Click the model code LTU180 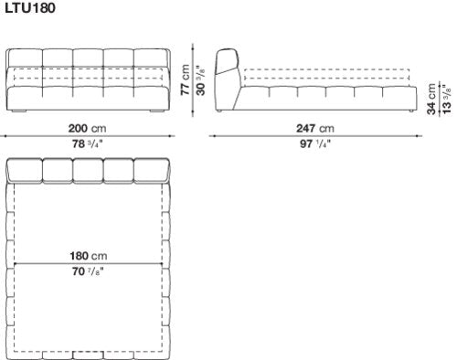coord(30,7)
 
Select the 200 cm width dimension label coord(87,128)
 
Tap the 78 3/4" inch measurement coord(87,143)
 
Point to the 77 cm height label coord(185,79)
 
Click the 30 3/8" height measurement coord(200,80)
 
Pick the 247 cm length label coord(315,128)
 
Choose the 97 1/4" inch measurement coord(315,143)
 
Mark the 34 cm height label coord(431,99)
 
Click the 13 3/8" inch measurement coord(447,99)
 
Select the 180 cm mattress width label coord(89,256)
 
